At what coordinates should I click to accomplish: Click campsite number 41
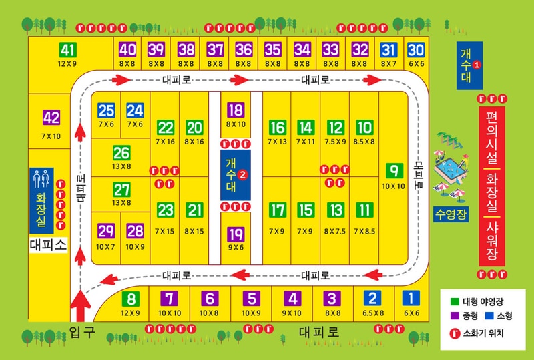pyautogui.click(x=67, y=50)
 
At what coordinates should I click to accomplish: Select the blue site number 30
pyautogui.click(x=416, y=50)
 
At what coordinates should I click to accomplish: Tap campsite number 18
pyautogui.click(x=236, y=111)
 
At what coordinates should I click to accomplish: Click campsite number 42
pyautogui.click(x=51, y=118)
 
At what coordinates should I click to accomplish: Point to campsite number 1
pyautogui.click(x=411, y=299)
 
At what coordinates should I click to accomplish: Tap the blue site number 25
pyautogui.click(x=106, y=111)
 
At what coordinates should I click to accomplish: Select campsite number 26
pyautogui.click(x=121, y=153)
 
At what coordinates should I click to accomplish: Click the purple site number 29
pyautogui.click(x=106, y=232)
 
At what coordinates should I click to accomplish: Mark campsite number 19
pyautogui.click(x=236, y=234)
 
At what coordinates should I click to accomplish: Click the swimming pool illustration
pyautogui.click(x=451, y=170)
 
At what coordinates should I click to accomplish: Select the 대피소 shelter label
pyautogui.click(x=49, y=245)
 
